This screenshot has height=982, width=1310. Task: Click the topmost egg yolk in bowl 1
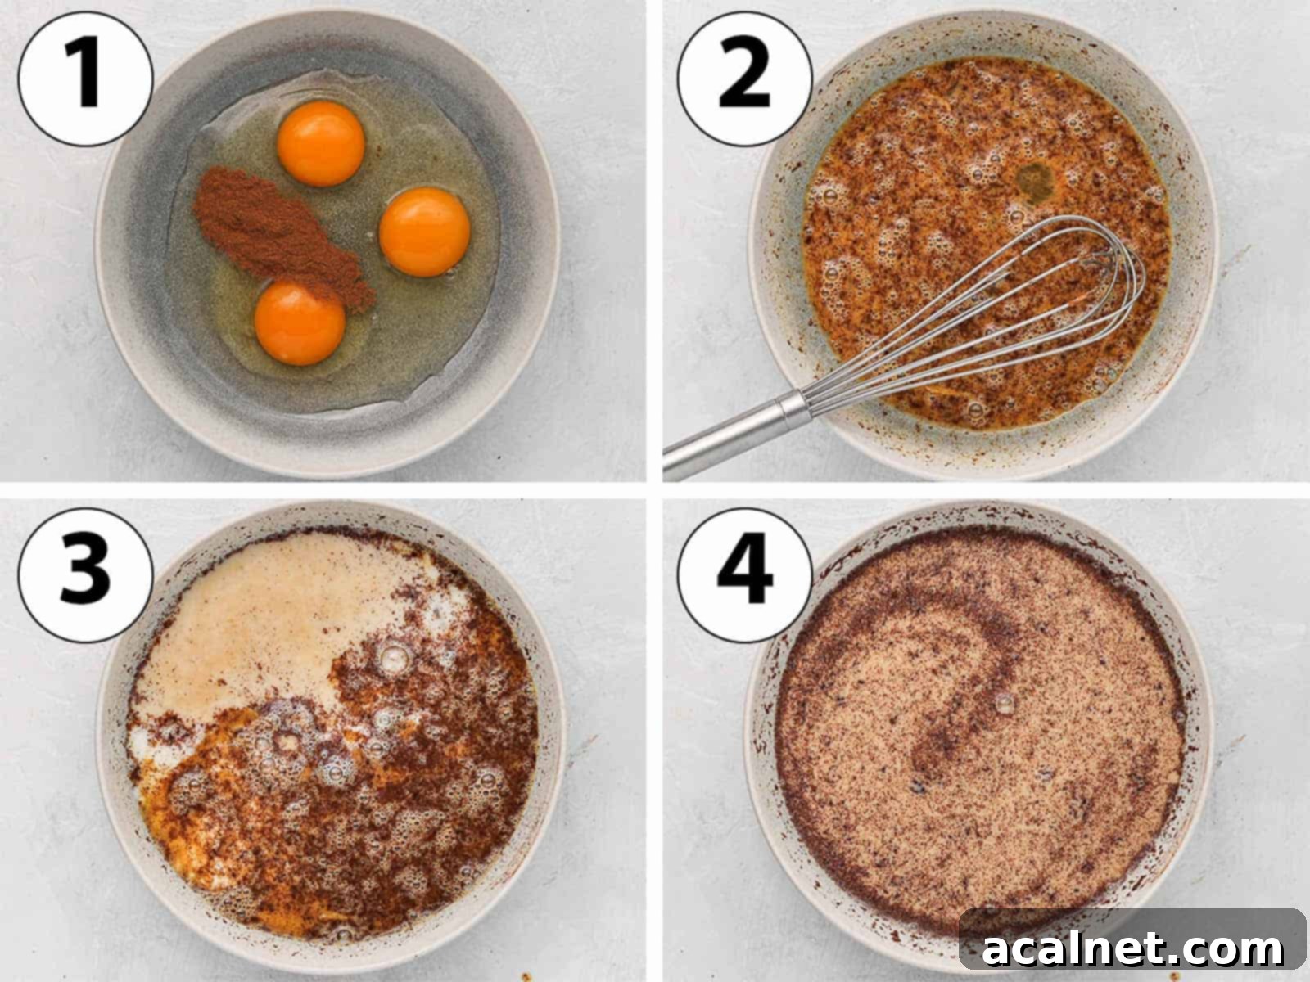[321, 144]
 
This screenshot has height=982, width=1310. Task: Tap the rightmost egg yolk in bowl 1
[424, 232]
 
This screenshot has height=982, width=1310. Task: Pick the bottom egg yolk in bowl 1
[300, 322]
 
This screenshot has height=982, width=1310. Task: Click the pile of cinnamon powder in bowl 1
[274, 229]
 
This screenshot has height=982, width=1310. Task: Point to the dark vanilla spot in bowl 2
[1034, 181]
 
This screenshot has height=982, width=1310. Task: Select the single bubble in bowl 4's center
[1003, 703]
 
